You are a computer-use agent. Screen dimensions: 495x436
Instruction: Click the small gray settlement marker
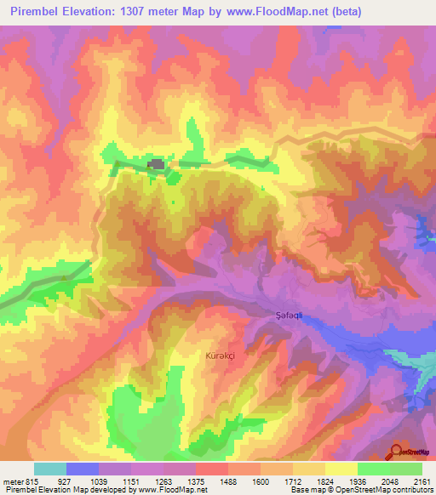[x=156, y=164]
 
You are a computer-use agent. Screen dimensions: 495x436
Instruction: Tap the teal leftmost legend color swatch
[x=50, y=469]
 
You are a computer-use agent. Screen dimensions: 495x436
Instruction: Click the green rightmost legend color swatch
[x=405, y=469]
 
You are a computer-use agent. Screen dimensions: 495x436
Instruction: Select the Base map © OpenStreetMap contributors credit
[x=359, y=491]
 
